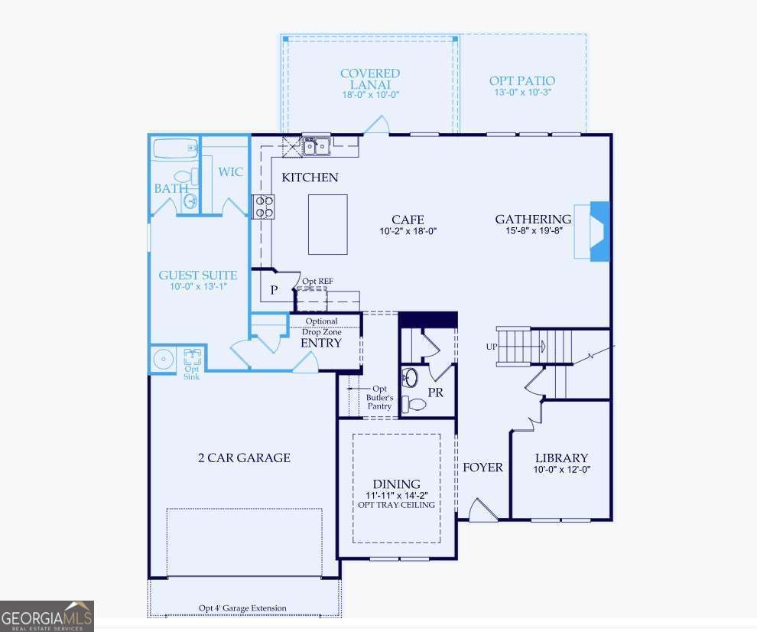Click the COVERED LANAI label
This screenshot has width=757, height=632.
(x=370, y=79)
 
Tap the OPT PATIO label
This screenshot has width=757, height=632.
(x=521, y=80)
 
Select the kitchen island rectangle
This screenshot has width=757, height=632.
(x=327, y=224)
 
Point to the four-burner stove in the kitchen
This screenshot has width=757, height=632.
(x=264, y=207)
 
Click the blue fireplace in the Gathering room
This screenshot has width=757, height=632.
(x=599, y=231)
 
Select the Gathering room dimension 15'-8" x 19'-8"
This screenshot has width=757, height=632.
(x=533, y=231)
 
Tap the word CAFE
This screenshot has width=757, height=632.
(x=408, y=220)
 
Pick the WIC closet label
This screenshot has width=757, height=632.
(x=230, y=172)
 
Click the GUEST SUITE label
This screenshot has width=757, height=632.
(x=197, y=275)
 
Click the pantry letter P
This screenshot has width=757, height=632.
(x=273, y=292)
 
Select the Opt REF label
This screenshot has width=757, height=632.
(x=317, y=282)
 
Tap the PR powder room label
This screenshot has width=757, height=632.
(x=435, y=393)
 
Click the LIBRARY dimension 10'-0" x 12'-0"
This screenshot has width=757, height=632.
(x=562, y=470)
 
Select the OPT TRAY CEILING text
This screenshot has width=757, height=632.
(x=396, y=505)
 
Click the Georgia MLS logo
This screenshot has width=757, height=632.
(x=47, y=616)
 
